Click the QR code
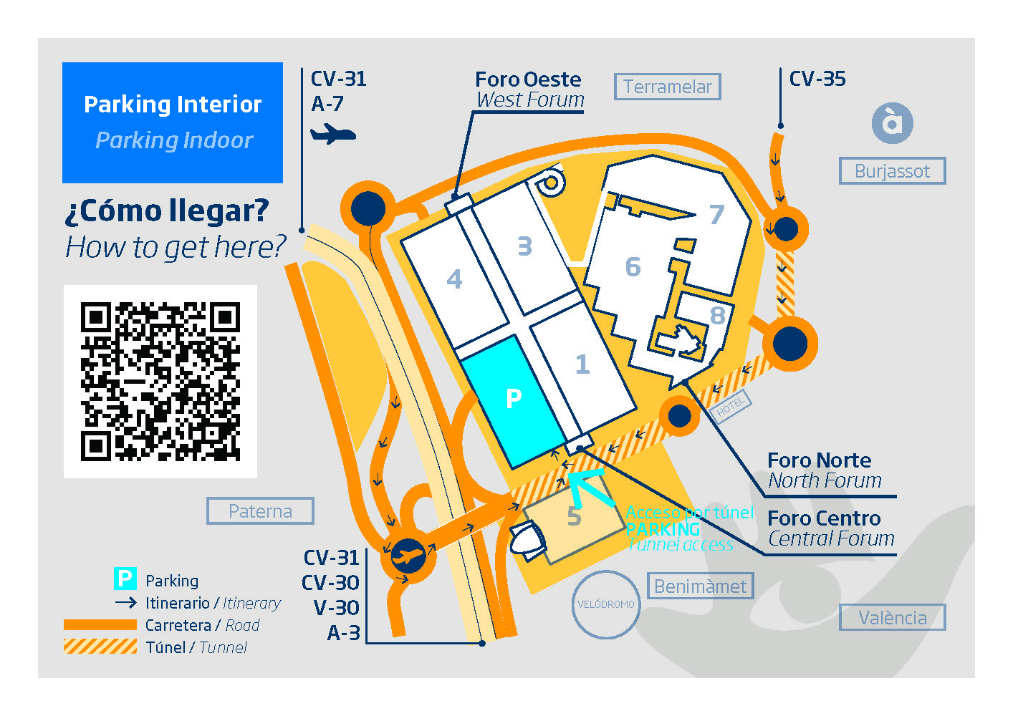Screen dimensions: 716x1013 160,381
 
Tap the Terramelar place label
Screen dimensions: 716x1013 667,87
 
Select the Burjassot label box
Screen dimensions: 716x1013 892,171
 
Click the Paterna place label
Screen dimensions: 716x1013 260,511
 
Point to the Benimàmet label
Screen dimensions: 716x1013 700,586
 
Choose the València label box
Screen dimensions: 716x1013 892,617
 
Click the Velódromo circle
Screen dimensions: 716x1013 606,604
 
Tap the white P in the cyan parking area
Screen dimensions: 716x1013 513,399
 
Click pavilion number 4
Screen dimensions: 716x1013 454,279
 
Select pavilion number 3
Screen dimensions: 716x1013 525,246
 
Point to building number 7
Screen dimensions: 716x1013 716,214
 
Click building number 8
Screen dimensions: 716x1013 717,315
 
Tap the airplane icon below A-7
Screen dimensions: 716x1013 332,133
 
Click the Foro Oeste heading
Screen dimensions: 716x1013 529,79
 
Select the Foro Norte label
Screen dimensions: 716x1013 819,460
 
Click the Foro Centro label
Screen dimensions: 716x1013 824,518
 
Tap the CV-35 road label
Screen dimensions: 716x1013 817,79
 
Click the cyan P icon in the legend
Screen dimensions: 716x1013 125,579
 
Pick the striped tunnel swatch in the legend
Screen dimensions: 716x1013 100,647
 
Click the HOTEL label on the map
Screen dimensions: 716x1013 730,407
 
